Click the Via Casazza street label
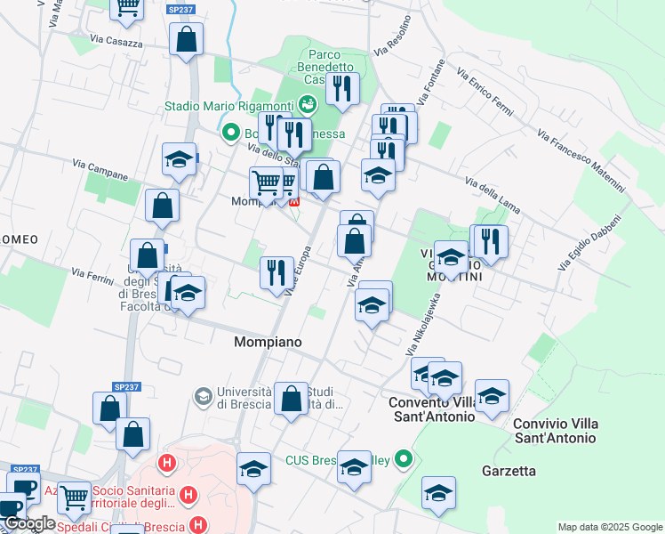(116, 41)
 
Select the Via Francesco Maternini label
(581, 160)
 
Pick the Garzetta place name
(508, 471)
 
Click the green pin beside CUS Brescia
(405, 460)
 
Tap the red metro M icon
(295, 199)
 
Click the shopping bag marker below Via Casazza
(187, 40)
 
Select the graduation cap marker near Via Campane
(179, 160)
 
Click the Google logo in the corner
(30, 523)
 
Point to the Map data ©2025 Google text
(610, 527)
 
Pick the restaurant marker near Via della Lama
(490, 241)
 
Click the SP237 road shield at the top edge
(180, 9)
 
